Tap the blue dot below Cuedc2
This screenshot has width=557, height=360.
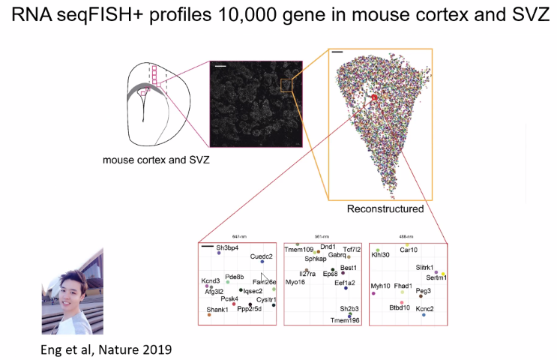(x=262, y=262)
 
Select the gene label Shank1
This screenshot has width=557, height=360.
(x=217, y=310)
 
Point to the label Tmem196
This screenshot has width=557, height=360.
(x=346, y=320)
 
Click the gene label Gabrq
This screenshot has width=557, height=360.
(x=337, y=255)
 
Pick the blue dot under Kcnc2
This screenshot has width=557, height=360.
(x=424, y=315)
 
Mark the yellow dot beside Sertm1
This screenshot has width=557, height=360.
(x=444, y=274)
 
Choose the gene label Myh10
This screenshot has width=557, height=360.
(x=381, y=286)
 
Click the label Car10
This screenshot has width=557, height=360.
(x=409, y=250)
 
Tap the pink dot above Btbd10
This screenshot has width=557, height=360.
(x=402, y=302)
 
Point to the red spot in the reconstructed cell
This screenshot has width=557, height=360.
(x=375, y=97)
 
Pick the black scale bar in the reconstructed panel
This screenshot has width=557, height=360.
(x=337, y=53)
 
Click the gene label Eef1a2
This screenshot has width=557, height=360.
(x=346, y=282)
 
